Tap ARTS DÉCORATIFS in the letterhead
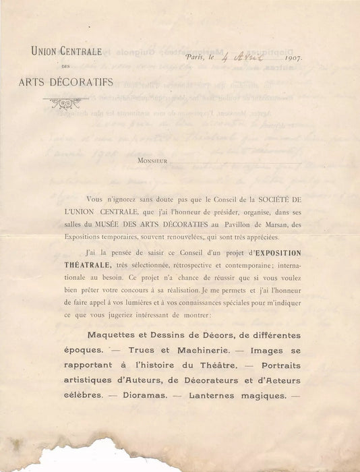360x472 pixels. [x=67, y=83]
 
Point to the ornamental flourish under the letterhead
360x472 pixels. [x=66, y=103]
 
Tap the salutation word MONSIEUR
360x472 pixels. [x=152, y=162]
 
